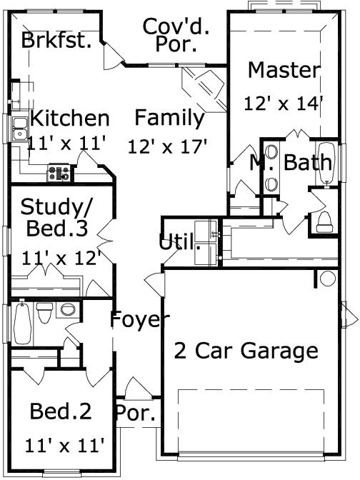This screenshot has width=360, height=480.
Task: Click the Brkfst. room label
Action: [56, 40]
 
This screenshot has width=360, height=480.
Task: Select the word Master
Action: [284, 70]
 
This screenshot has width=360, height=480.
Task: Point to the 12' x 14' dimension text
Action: [284, 103]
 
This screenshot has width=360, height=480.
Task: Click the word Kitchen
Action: [69, 118]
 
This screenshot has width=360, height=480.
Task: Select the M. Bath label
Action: [291, 162]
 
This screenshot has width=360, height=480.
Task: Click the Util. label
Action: [179, 242]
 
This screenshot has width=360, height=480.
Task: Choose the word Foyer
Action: [139, 320]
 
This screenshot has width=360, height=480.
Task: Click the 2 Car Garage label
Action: [246, 351]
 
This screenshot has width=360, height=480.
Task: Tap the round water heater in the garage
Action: [327, 279]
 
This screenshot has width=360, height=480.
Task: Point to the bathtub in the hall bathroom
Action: [21, 323]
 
